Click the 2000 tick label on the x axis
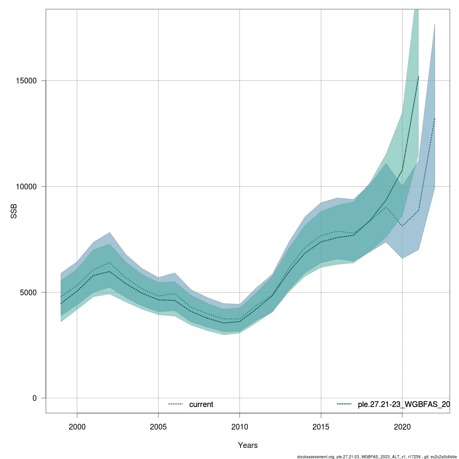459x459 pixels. [77, 426]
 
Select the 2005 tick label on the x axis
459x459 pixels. [158, 426]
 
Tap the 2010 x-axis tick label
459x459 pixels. [239, 426]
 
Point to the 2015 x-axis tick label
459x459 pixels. [321, 426]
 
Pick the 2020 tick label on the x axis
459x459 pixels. [402, 426]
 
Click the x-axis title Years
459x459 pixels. [248, 445]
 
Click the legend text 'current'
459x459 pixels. [201, 404]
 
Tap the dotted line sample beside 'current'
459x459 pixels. [176, 404]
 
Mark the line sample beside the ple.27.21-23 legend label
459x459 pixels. [344, 404]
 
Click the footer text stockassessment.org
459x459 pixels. [316, 457]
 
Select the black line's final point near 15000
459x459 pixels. [418, 77]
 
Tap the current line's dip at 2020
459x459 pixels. [402, 226]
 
